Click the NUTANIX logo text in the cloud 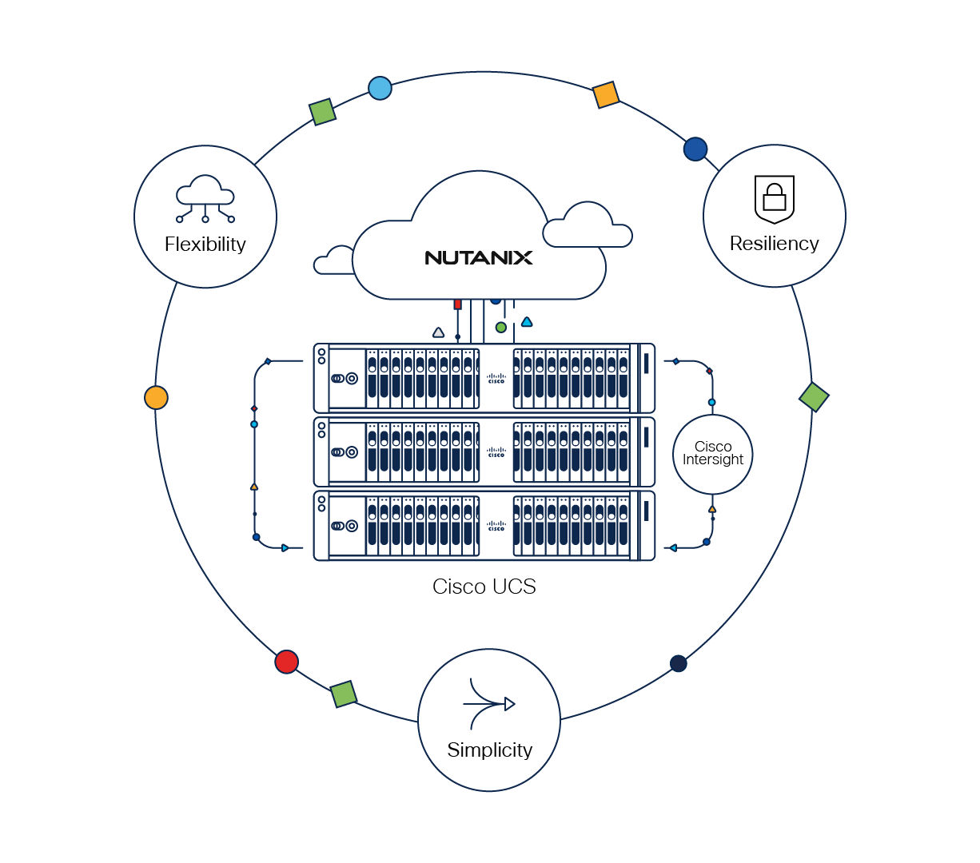pyautogui.click(x=478, y=257)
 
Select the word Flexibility pyautogui.click(x=205, y=245)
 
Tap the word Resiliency pyautogui.click(x=774, y=244)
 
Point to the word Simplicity pyautogui.click(x=489, y=750)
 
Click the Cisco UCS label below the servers pyautogui.click(x=484, y=587)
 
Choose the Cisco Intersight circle pyautogui.click(x=712, y=454)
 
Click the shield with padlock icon pyautogui.click(x=774, y=199)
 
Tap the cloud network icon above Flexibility pyautogui.click(x=205, y=199)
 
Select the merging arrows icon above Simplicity pyautogui.click(x=489, y=704)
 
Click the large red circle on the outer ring pyautogui.click(x=286, y=662)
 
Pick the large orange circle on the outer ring pyautogui.click(x=156, y=397)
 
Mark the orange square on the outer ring pyautogui.click(x=606, y=95)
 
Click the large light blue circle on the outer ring pyautogui.click(x=380, y=88)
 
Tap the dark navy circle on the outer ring pyautogui.click(x=678, y=663)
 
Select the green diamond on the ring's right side pyautogui.click(x=814, y=396)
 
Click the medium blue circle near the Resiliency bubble pyautogui.click(x=695, y=149)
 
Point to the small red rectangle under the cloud pyautogui.click(x=457, y=304)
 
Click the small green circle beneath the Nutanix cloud pyautogui.click(x=500, y=328)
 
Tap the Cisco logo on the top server pyautogui.click(x=496, y=378)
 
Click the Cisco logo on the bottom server pyautogui.click(x=496, y=526)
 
